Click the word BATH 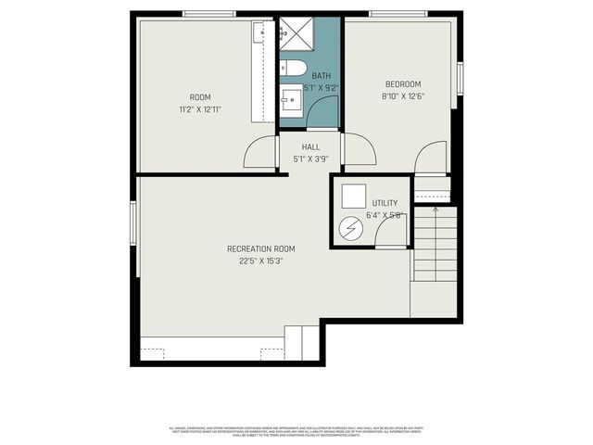pyautogui.click(x=321, y=76)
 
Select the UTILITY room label pyautogui.click(x=385, y=203)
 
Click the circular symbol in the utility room pyautogui.click(x=351, y=229)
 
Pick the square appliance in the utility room pyautogui.click(x=352, y=197)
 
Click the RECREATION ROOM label pyautogui.click(x=261, y=248)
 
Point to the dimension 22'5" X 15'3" pyautogui.click(x=261, y=261)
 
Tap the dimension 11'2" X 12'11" pyautogui.click(x=199, y=108)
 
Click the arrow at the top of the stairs pyautogui.click(x=435, y=211)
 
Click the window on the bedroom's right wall pyautogui.click(x=460, y=78)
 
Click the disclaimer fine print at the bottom pyautogui.click(x=296, y=430)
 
